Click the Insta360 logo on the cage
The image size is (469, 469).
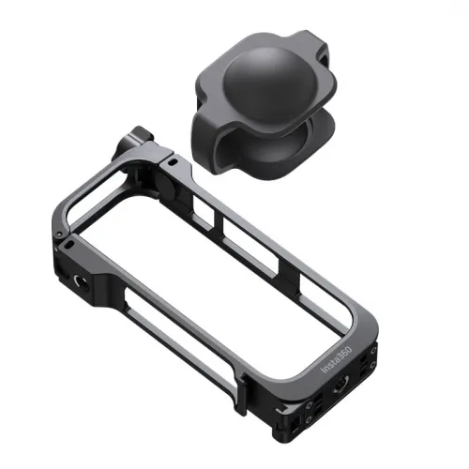tap(337, 359)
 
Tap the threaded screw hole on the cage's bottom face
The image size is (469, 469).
tap(340, 387)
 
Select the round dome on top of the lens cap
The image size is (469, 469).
tap(266, 82)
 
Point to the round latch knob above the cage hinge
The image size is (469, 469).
tap(135, 142)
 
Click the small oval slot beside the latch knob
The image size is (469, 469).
tap(173, 162)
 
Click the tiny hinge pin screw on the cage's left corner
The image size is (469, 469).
tap(57, 234)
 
